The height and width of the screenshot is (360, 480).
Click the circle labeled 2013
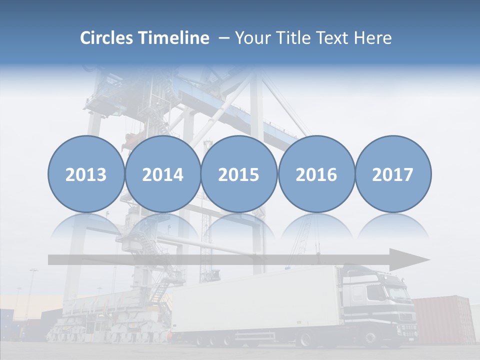point(86,174)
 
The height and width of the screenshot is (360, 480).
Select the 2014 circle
point(162,174)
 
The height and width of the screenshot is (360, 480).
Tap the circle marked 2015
point(239,174)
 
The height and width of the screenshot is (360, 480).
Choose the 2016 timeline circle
point(316,174)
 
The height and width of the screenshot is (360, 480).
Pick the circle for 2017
point(393,174)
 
